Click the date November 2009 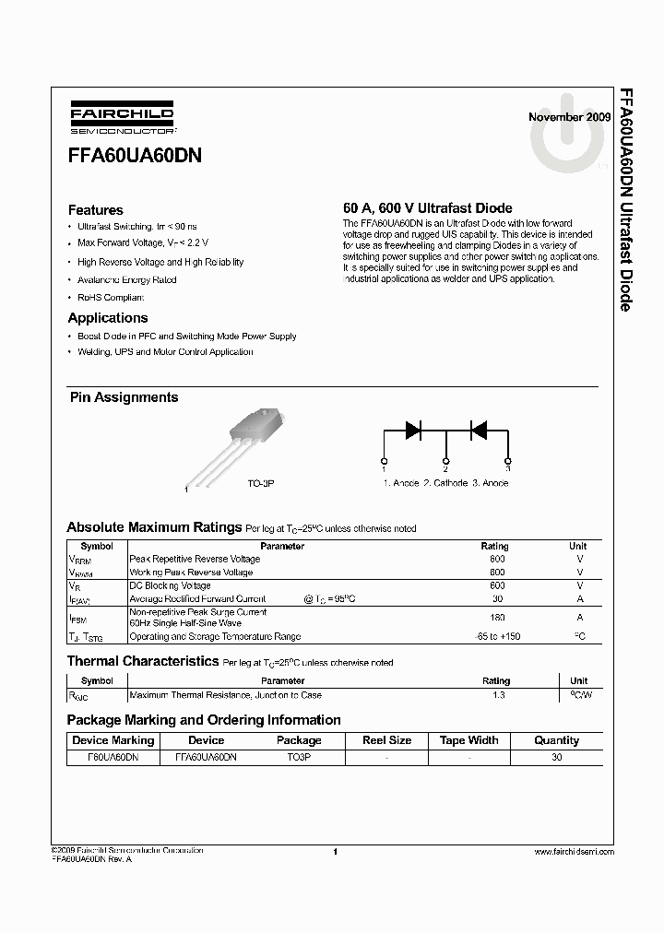pos(569,118)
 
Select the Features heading pos(95,210)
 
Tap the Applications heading pos(107,318)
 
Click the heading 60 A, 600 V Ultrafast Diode pos(427,208)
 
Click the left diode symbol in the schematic pos(413,429)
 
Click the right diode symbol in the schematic pos(478,429)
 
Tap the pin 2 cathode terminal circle pos(446,460)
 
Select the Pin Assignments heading pos(125,397)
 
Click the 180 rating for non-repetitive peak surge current pos(497,618)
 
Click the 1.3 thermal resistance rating pos(499,695)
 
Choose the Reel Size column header pos(387,740)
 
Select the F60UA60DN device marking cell pos(113,756)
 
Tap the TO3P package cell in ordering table pos(299,756)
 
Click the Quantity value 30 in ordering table pos(556,756)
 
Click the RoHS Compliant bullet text pos(112,298)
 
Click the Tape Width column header pos(469,740)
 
